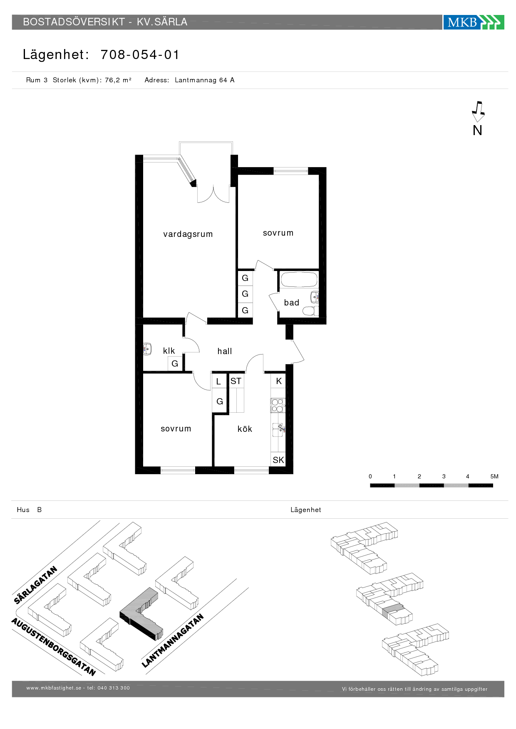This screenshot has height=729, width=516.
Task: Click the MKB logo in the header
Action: [x=474, y=22]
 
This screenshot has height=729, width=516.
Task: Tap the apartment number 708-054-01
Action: [x=140, y=54]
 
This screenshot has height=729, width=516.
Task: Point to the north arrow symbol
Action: [x=478, y=112]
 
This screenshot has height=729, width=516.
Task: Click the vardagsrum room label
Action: [x=188, y=234]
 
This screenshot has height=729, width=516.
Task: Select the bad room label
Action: [x=291, y=303]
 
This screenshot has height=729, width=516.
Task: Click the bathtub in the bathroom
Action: [x=299, y=279]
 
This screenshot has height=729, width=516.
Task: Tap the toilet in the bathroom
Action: [x=310, y=311]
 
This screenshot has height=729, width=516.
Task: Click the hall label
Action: [x=224, y=351]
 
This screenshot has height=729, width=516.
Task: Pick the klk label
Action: [x=169, y=351]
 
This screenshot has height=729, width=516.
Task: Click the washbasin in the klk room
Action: [x=147, y=349]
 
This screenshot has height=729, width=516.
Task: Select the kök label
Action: [x=245, y=429]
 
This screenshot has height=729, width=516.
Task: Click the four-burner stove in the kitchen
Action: [x=277, y=405]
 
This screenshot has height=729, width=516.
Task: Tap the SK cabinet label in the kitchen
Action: [x=278, y=460]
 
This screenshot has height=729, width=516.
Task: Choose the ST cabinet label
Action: [x=236, y=381]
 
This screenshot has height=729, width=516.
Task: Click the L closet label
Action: [x=218, y=382]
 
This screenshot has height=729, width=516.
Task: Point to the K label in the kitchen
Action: [x=279, y=381]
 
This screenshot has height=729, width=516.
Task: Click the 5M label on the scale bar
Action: [x=494, y=476]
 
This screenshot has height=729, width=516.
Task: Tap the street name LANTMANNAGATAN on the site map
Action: [x=173, y=640]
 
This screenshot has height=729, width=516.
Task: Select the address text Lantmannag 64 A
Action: [x=205, y=80]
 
